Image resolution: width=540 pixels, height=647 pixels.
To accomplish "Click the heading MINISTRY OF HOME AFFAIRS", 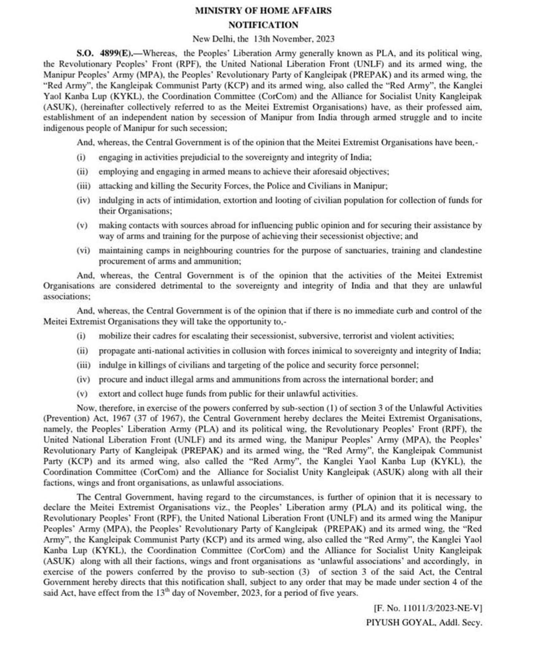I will click(x=263, y=11).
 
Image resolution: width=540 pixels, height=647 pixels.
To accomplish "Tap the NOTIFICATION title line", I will click(x=263, y=24).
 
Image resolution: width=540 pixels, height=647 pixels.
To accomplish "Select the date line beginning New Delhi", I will click(x=263, y=39).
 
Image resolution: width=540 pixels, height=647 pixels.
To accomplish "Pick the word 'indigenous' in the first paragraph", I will click(x=63, y=128).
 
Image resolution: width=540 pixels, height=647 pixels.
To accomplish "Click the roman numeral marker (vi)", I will click(x=83, y=250).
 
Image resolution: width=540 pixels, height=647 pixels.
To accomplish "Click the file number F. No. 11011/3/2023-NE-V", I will click(x=428, y=608).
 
